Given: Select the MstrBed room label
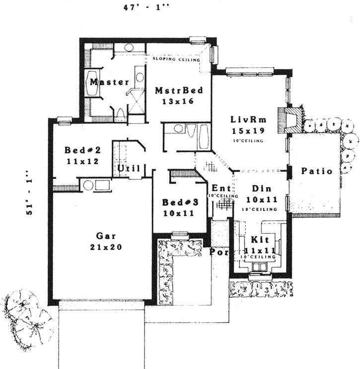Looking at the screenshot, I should click(x=179, y=91).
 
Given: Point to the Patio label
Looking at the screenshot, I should click(x=316, y=172).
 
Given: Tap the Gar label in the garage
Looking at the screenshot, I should click(x=103, y=236).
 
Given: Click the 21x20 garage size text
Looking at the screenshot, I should click(x=103, y=246).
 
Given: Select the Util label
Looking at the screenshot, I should click(x=128, y=168).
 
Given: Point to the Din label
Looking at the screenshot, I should click(x=261, y=188).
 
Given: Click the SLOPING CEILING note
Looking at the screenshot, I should click(x=176, y=60).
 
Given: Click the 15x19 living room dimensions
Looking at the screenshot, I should click(x=247, y=131).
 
